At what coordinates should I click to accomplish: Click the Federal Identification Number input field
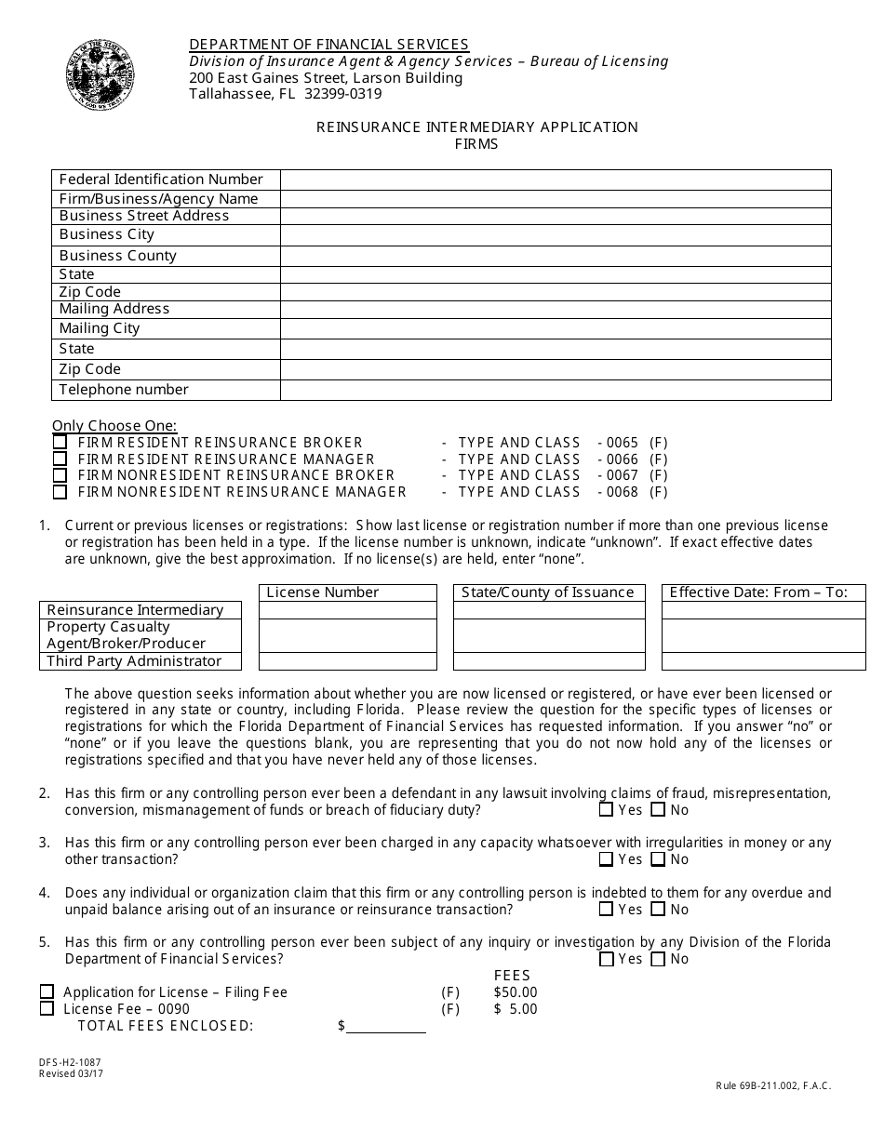click(x=556, y=180)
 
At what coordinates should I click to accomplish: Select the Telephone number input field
click(x=556, y=390)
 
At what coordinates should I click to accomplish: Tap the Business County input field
click(x=556, y=256)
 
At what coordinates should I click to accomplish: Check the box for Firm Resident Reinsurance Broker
click(x=60, y=443)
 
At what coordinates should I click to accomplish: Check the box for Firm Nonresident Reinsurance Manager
click(x=60, y=492)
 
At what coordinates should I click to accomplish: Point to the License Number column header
click(x=323, y=592)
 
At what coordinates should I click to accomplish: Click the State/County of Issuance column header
click(x=548, y=592)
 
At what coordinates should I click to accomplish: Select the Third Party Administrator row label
click(x=135, y=661)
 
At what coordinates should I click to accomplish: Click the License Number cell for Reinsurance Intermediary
click(x=347, y=610)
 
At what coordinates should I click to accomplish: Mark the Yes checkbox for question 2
click(x=607, y=810)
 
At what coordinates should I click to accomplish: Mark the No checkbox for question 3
click(x=658, y=859)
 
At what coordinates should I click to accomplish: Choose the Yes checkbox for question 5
click(x=607, y=959)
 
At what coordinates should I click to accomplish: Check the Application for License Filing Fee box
click(x=47, y=992)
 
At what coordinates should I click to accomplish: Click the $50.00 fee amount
click(x=516, y=992)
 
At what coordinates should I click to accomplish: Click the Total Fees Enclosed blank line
click(x=386, y=1026)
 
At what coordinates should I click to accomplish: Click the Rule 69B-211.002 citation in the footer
click(x=773, y=1085)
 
